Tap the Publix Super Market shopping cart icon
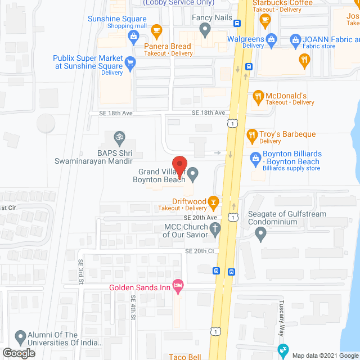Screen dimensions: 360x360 tap(130, 61)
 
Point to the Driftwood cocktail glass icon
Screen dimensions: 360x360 tap(213, 201)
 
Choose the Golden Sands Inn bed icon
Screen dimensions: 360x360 tap(178, 287)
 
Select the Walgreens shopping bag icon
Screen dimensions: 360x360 tap(272, 39)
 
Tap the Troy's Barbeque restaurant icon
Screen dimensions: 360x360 tap(252, 134)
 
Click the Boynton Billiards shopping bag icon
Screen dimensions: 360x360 tap(256, 157)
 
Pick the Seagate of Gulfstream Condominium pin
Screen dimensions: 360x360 tap(260, 234)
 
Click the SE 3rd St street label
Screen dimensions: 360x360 tap(81, 271)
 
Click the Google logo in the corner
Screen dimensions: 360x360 tap(18, 353)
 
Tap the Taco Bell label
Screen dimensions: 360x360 tap(184, 356)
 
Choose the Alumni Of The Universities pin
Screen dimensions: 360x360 tap(20, 337)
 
